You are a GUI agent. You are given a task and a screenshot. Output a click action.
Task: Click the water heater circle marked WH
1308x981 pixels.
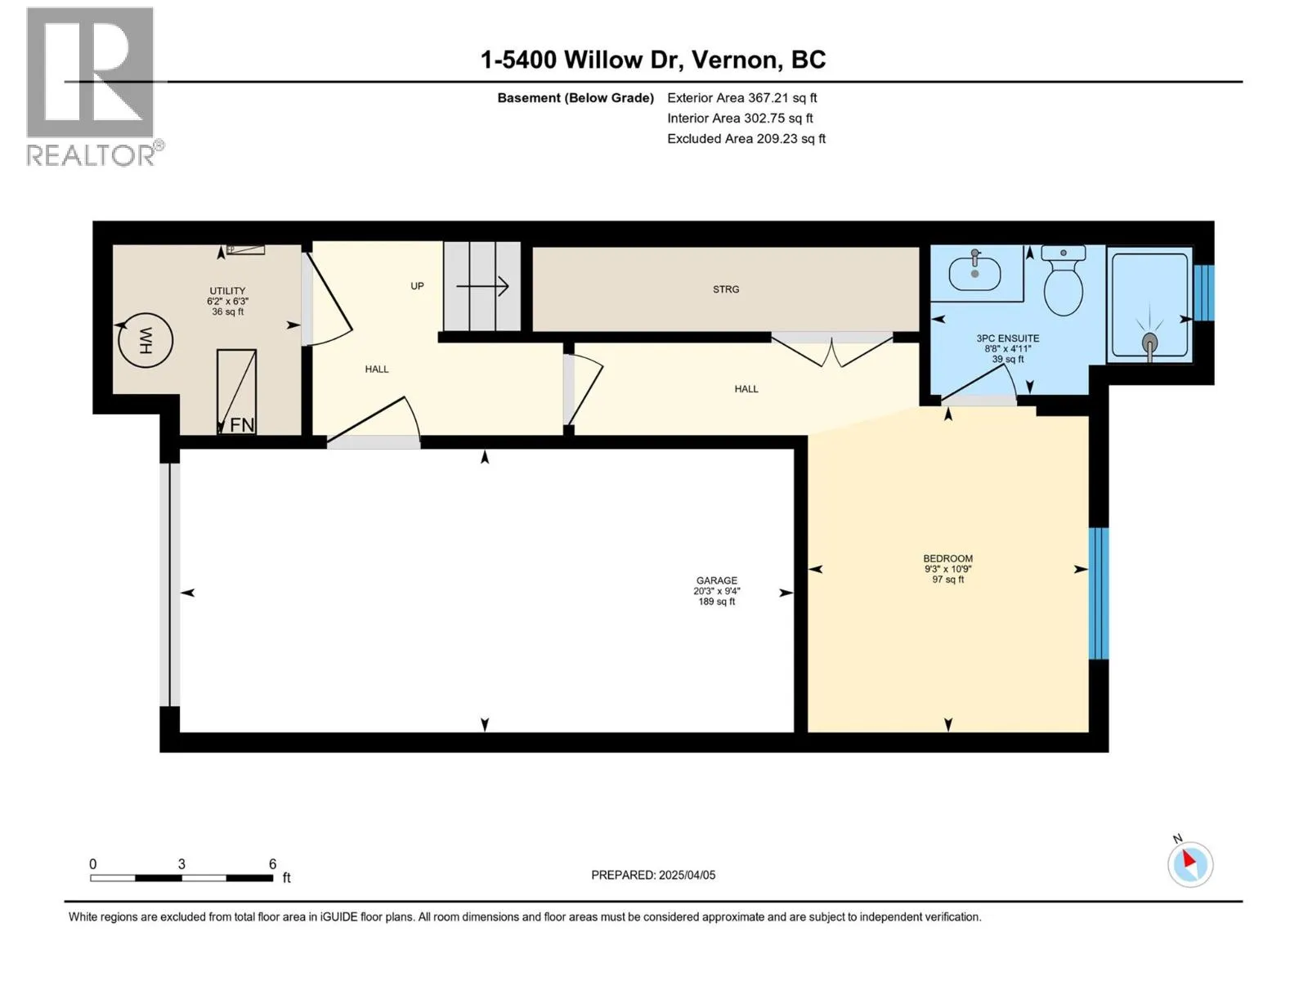coord(146,340)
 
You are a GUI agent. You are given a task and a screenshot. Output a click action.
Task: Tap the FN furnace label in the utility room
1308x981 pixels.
coord(242,424)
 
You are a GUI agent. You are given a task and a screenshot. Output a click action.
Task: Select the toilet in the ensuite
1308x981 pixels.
coord(1063,280)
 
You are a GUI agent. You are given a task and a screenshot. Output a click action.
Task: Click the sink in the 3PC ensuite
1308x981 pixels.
coord(975,273)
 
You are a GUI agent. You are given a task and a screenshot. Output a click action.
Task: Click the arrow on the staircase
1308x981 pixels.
coord(482,286)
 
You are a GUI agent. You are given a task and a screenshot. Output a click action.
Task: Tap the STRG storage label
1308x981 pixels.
coord(726,289)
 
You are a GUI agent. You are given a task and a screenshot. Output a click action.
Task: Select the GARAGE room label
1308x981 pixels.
coord(716,580)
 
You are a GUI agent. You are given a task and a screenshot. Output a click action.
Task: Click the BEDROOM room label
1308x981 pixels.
coord(947,558)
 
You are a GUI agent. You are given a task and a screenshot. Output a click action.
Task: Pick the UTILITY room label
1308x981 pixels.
coord(227,291)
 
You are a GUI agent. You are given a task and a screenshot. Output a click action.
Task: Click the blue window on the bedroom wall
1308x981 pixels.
coord(1099,594)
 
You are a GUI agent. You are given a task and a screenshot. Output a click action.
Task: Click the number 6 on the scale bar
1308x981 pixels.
coord(273,863)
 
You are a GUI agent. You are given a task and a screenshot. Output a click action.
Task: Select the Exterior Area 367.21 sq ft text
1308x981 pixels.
coord(742,97)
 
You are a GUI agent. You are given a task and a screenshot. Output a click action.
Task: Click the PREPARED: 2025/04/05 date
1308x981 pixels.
coord(653,875)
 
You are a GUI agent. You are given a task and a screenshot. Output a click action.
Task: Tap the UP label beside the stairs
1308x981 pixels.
coord(417,286)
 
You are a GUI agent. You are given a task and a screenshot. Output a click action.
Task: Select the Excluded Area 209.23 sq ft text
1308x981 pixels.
coord(746,139)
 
